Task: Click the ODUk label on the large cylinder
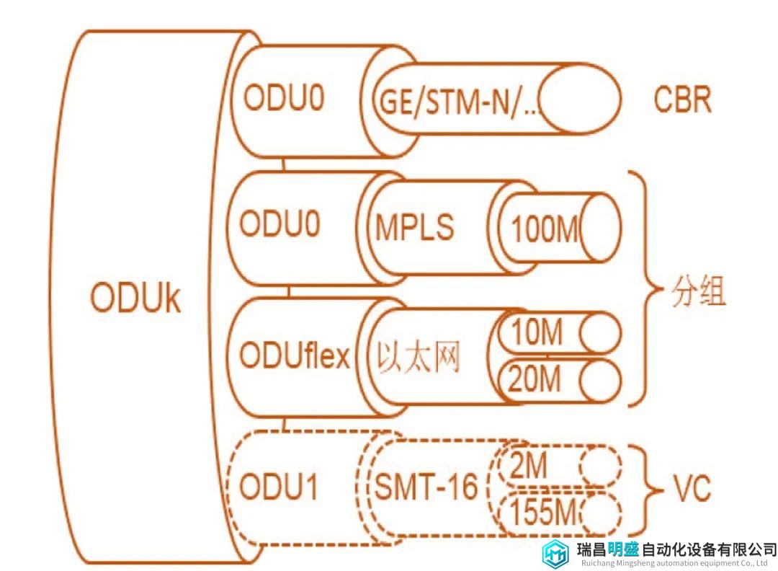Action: (135, 298)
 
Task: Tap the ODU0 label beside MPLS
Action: (280, 223)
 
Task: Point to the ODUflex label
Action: (295, 355)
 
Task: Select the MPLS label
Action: (414, 227)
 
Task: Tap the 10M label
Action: (537, 332)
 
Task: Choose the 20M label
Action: (535, 379)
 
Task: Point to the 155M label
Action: (543, 511)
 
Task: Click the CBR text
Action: (682, 99)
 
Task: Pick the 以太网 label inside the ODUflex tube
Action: (418, 356)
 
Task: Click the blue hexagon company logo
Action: (555, 553)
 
